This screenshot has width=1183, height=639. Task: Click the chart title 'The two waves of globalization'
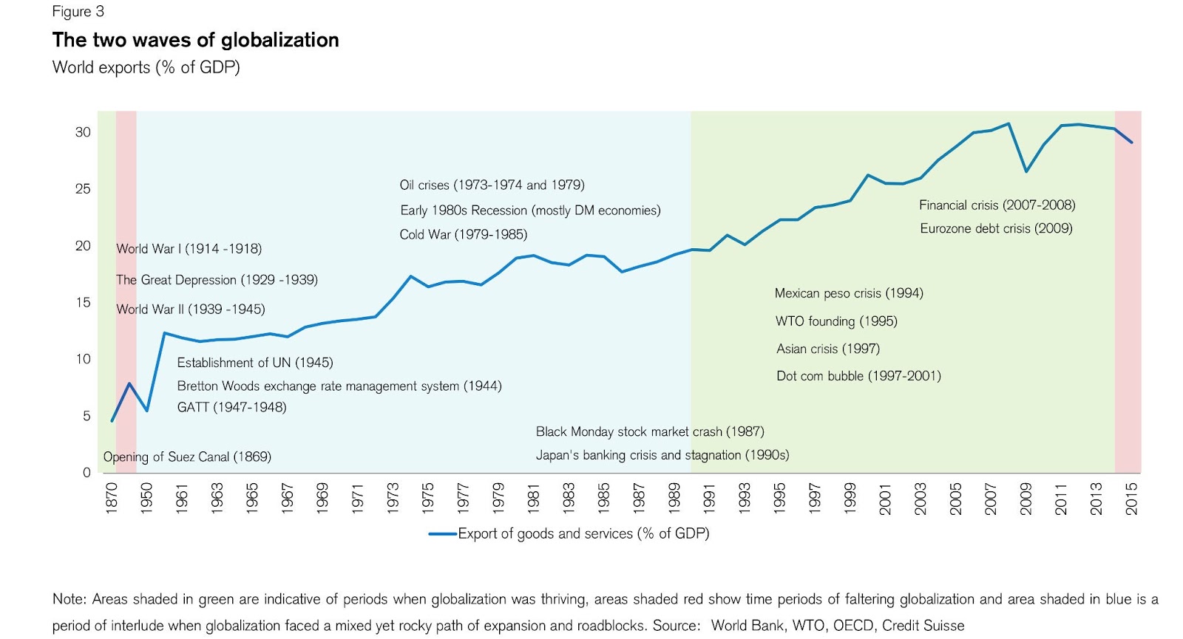click(x=195, y=40)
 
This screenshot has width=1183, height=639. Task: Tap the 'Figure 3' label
click(x=78, y=12)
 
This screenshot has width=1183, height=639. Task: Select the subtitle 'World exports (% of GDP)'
click(x=146, y=67)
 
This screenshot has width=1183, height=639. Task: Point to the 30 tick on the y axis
click(x=83, y=132)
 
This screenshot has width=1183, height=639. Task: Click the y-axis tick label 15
click(x=83, y=302)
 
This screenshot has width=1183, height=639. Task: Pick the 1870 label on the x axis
click(x=112, y=498)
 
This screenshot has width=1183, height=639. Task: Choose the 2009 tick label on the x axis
click(x=1026, y=498)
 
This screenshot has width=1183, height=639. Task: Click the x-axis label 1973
click(x=393, y=498)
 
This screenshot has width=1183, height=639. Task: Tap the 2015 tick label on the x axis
click(x=1131, y=498)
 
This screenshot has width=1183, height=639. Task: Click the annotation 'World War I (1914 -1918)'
click(x=189, y=249)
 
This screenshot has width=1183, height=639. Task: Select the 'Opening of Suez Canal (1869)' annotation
click(x=187, y=457)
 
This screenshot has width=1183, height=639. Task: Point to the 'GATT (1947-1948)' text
click(x=231, y=407)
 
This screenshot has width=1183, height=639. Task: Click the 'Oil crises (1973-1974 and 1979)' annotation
click(x=492, y=185)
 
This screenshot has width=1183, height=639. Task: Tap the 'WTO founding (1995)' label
click(x=836, y=321)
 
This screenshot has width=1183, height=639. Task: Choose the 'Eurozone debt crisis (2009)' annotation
click(x=996, y=228)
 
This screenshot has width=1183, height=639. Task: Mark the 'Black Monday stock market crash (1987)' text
click(x=650, y=431)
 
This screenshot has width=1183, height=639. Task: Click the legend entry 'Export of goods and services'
click(x=583, y=533)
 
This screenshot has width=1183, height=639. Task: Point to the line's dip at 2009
click(x=1026, y=171)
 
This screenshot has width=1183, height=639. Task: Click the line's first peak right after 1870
click(x=129, y=383)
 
